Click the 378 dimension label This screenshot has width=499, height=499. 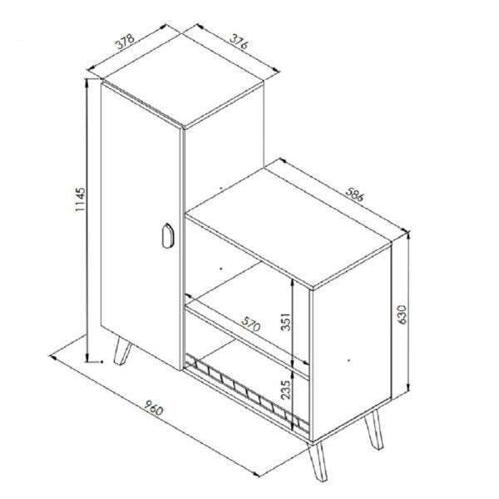(x=126, y=42)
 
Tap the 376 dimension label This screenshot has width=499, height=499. (x=239, y=42)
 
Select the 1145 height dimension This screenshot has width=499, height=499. (x=80, y=200)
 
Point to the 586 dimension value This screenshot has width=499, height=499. (x=354, y=194)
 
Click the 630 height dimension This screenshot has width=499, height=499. (x=403, y=314)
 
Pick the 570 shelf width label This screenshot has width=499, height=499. (x=251, y=324)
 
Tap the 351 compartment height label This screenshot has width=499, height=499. (x=286, y=322)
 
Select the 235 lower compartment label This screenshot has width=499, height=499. (x=286, y=390)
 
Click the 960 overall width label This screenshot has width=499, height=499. (x=154, y=408)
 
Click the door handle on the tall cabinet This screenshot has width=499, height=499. (x=167, y=235)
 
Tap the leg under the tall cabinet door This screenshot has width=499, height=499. (x=122, y=351)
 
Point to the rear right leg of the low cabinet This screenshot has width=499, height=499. (x=374, y=429)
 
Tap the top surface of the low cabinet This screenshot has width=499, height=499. (x=288, y=226)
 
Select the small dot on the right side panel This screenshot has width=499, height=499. (x=349, y=361)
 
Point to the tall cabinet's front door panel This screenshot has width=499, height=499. (x=141, y=226)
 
